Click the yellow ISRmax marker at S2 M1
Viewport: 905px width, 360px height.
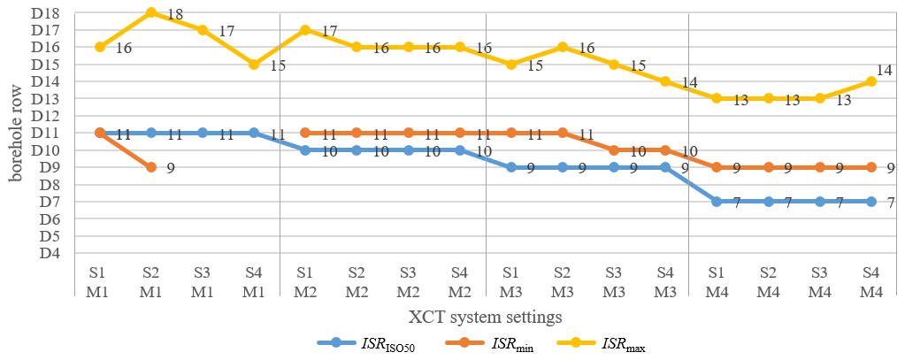point(151,12)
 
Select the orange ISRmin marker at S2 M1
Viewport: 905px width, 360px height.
point(151,167)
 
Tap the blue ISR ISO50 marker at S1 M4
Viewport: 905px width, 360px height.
point(717,202)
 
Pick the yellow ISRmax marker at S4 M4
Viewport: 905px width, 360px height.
point(871,81)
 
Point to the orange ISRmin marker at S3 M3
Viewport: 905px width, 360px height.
point(614,150)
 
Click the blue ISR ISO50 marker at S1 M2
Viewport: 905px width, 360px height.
point(305,150)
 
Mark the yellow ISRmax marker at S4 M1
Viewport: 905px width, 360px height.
point(254,65)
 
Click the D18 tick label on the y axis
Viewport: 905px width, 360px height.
point(45,13)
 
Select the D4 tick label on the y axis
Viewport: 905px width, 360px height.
point(48,254)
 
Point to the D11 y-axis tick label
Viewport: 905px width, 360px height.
point(45,134)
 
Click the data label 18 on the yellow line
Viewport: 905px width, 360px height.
point(175,15)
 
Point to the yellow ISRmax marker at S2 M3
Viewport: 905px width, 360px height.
point(563,47)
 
